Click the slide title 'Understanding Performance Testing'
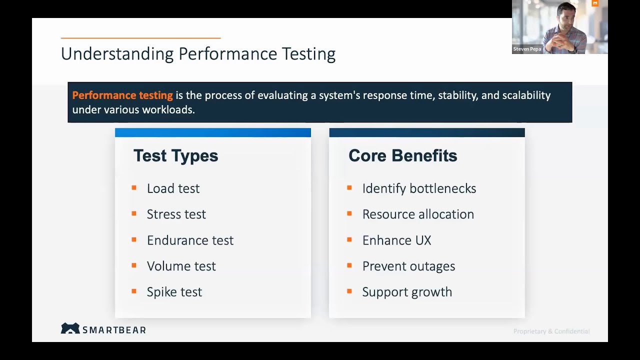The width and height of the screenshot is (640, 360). [x=198, y=54]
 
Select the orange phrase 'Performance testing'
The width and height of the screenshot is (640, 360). [x=122, y=95]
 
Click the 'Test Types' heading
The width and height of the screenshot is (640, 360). [x=175, y=156]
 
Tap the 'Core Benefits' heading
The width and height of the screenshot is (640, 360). [x=402, y=156]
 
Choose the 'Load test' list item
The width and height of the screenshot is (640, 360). [x=173, y=188]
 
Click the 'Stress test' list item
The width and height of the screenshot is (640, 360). [x=176, y=214]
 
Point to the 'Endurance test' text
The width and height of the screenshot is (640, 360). [x=190, y=240]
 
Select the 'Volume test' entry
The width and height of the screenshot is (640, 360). [x=181, y=266]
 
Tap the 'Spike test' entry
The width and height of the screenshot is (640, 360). [x=174, y=292]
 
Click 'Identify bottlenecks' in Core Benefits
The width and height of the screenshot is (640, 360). [x=419, y=188]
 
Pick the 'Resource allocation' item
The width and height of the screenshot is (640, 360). [x=418, y=214]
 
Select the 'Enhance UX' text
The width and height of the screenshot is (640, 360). [x=396, y=240]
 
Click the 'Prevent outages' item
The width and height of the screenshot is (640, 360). [x=408, y=266]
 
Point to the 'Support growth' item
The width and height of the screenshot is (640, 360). [x=407, y=292]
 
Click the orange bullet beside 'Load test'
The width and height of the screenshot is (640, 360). [x=134, y=188]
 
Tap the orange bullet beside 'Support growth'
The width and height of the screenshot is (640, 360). [x=349, y=291]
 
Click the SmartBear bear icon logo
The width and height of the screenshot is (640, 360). [x=70, y=328]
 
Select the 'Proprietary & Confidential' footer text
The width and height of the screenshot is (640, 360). [x=551, y=331]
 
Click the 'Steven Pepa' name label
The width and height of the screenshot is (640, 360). [x=527, y=49]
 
